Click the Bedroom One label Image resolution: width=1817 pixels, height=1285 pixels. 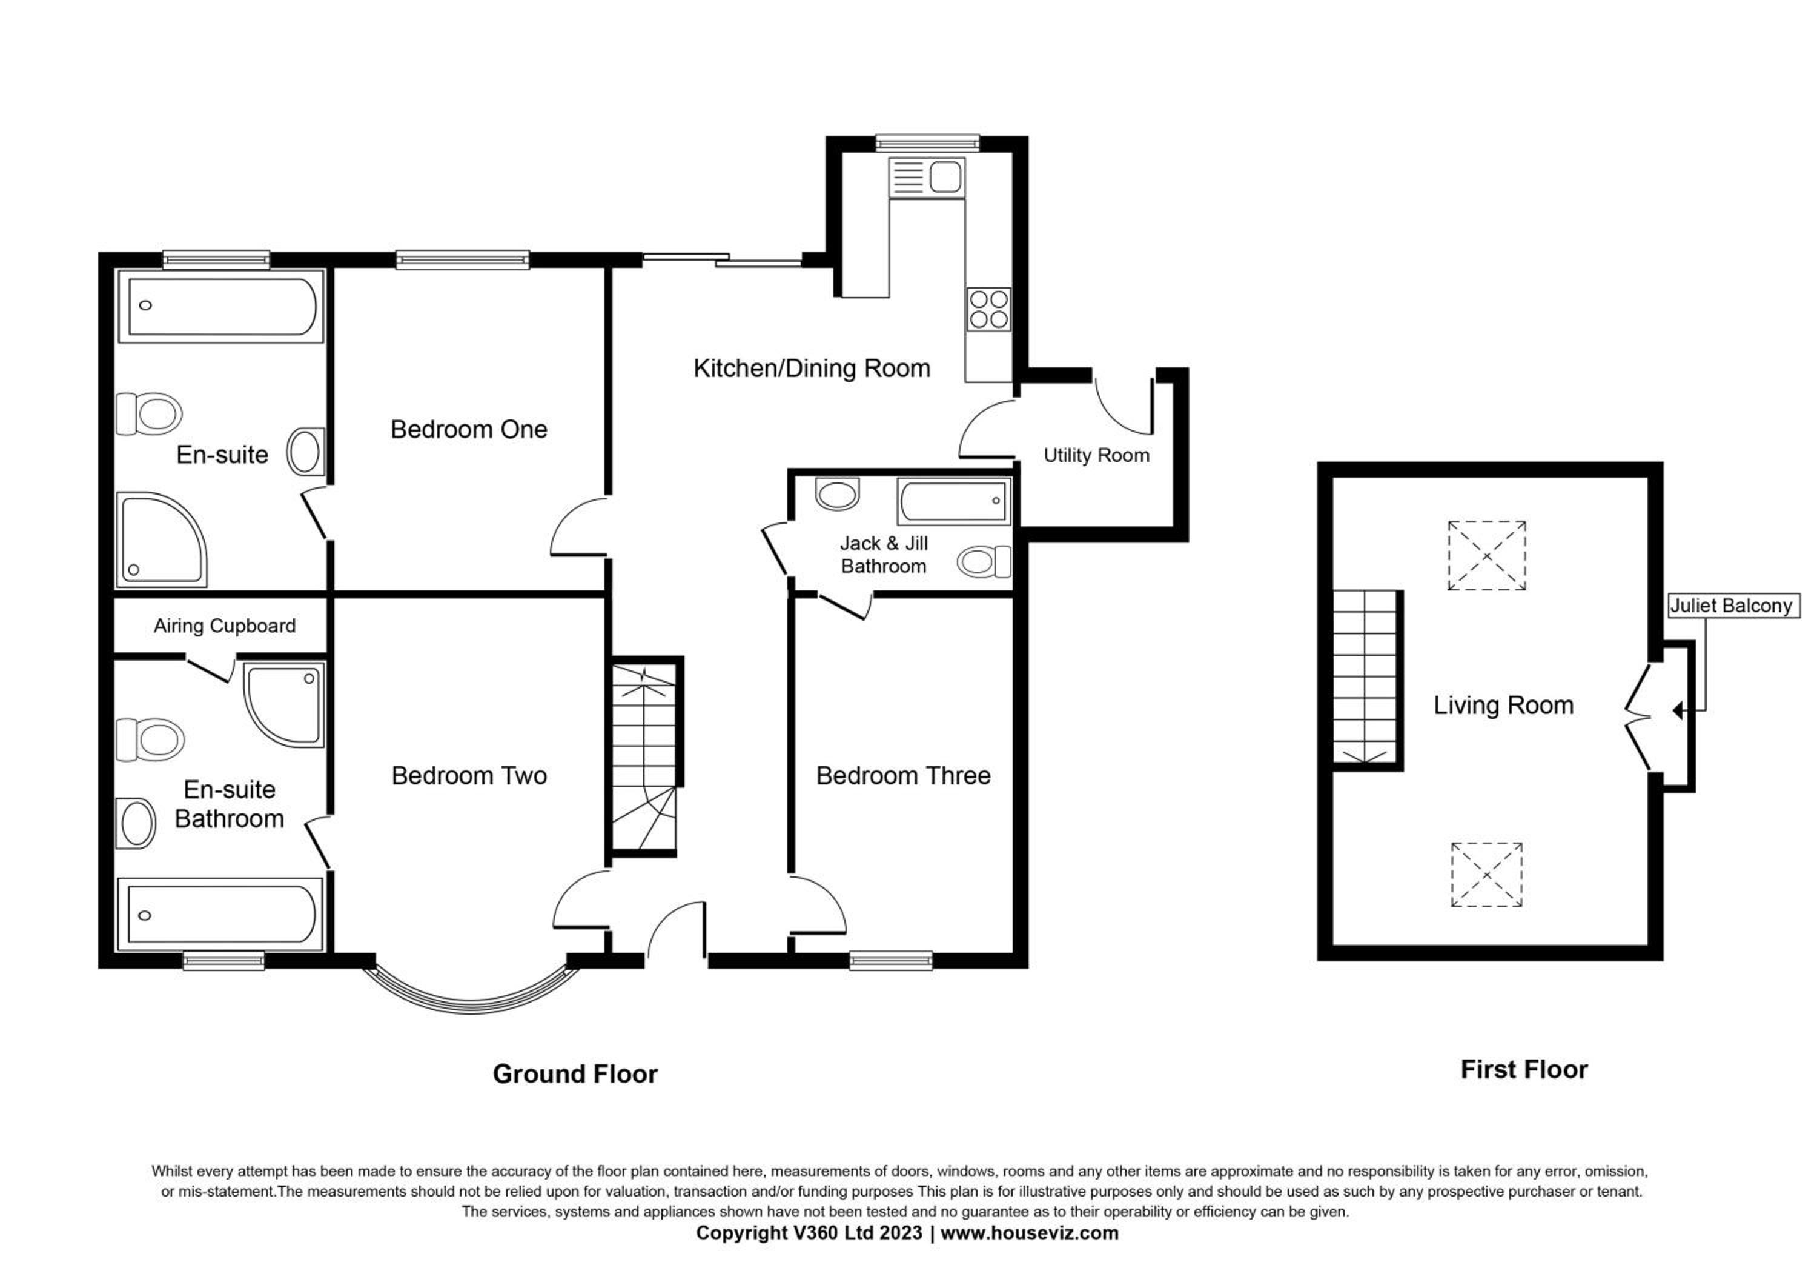469,429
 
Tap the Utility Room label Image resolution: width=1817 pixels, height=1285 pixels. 1096,455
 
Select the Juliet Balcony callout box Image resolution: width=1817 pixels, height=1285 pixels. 1733,606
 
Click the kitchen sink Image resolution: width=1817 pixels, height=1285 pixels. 926,176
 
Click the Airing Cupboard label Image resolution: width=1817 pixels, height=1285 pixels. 225,626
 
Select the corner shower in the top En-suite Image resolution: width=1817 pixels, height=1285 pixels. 162,541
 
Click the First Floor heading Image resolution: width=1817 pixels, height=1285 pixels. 1524,1070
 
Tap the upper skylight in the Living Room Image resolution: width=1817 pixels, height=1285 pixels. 1487,556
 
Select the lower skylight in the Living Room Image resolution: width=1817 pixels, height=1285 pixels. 1487,875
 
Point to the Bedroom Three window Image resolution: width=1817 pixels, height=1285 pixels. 891,961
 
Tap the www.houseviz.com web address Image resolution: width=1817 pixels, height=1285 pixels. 1030,1233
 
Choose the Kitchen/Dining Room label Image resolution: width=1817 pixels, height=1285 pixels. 812,368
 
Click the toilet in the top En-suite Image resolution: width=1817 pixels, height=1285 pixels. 150,413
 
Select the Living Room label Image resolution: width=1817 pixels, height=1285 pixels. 1504,706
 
